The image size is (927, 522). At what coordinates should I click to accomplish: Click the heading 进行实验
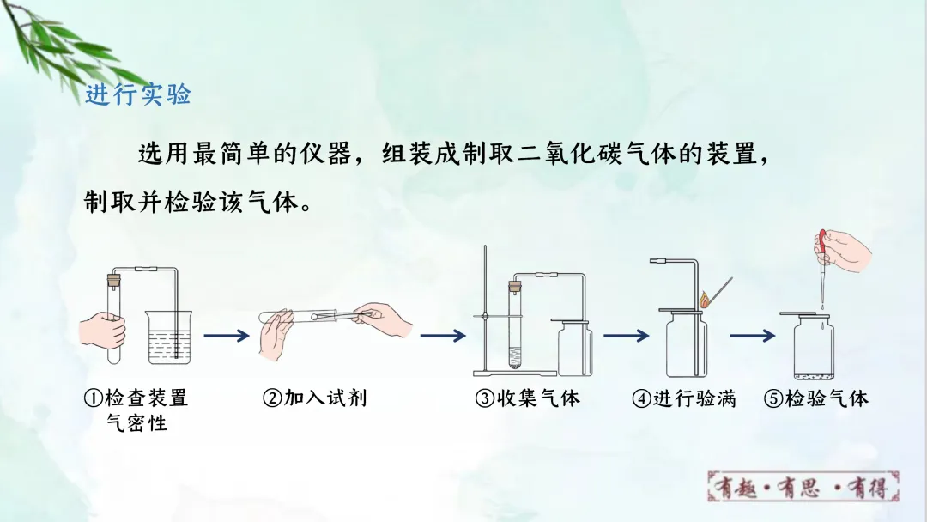pos(137,94)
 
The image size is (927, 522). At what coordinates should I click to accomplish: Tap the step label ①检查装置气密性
pos(136,410)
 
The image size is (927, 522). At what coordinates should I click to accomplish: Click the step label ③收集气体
pos(528,398)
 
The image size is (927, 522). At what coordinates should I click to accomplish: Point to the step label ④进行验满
pos(684,398)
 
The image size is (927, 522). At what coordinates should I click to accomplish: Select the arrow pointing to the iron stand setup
pos(442,336)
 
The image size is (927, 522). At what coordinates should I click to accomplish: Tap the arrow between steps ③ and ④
pos(625,336)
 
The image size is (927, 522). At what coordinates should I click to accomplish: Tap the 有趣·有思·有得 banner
pos(807,488)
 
